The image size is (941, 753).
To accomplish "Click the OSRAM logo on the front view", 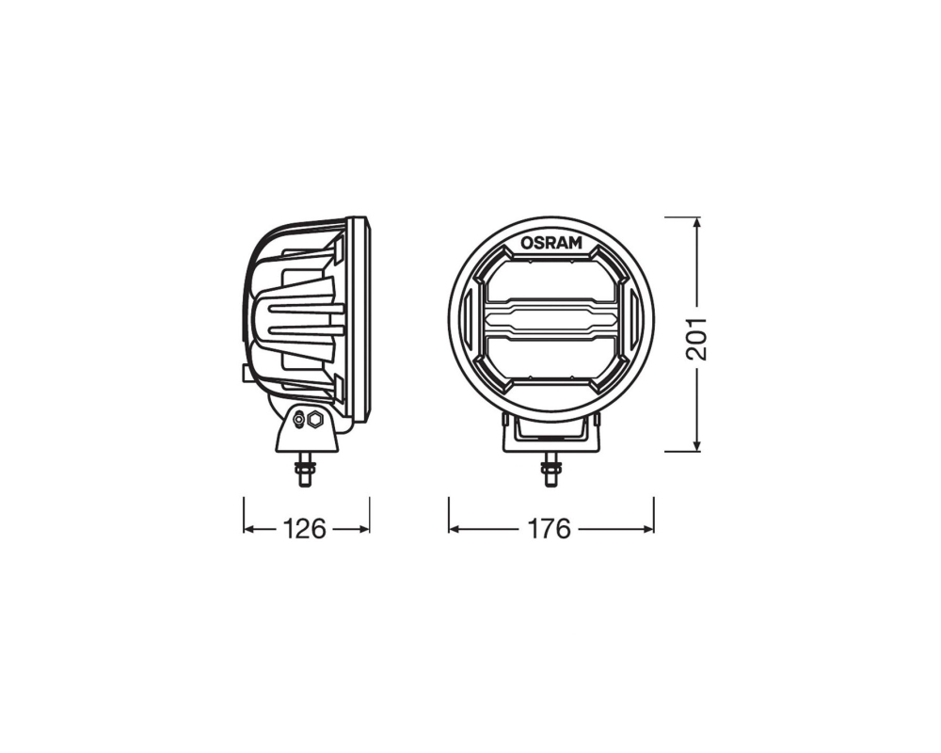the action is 550,243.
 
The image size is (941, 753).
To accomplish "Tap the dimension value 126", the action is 304,529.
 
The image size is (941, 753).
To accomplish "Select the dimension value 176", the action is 549,529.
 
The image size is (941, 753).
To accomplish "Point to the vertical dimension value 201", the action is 696,338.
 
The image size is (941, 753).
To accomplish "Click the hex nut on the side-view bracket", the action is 314,420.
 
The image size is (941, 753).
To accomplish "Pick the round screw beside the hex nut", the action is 298,421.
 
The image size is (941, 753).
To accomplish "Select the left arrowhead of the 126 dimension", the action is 248,529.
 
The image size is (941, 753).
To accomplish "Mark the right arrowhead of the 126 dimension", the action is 363,529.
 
